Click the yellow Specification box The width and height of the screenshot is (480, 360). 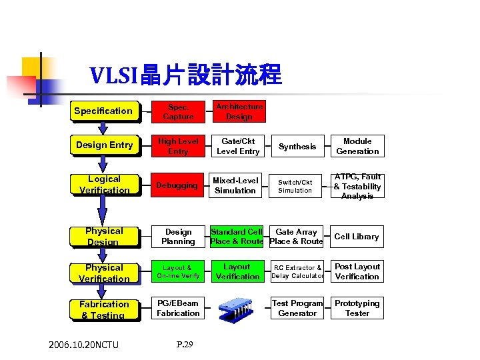(105, 111)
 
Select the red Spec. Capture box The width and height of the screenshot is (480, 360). (178, 111)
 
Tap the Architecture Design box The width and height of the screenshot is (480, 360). (238, 111)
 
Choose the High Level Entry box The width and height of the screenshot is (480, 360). (178, 146)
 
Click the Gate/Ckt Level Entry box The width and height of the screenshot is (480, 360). (238, 146)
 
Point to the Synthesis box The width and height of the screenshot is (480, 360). (297, 147)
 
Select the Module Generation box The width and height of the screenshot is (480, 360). (357, 146)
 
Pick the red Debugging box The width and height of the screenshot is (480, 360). (178, 185)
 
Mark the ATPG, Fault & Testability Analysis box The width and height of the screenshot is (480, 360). (357, 186)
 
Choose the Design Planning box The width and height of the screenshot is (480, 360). (178, 237)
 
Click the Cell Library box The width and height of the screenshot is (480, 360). (357, 237)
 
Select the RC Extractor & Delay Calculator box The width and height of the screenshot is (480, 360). (297, 272)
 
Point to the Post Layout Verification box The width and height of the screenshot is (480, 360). (357, 272)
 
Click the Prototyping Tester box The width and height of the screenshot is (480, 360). (357, 308)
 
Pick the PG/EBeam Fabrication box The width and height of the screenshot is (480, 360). (178, 308)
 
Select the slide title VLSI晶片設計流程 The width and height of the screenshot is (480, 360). (186, 75)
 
